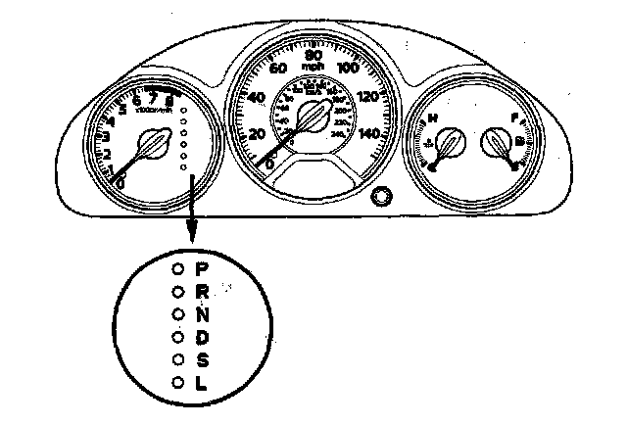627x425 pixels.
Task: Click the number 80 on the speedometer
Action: tap(313, 55)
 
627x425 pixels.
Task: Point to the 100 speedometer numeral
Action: tap(348, 68)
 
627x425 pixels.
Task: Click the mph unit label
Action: tap(313, 67)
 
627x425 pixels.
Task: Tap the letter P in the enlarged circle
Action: tap(202, 267)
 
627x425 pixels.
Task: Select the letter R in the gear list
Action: tap(202, 291)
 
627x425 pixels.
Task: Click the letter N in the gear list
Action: tap(202, 314)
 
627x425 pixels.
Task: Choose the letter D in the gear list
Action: tap(202, 337)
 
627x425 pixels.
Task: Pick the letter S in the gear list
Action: tap(202, 360)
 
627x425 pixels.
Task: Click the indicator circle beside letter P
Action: tap(177, 267)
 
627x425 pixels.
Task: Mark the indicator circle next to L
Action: tap(177, 384)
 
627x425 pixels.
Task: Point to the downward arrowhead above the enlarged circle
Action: tap(193, 238)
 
